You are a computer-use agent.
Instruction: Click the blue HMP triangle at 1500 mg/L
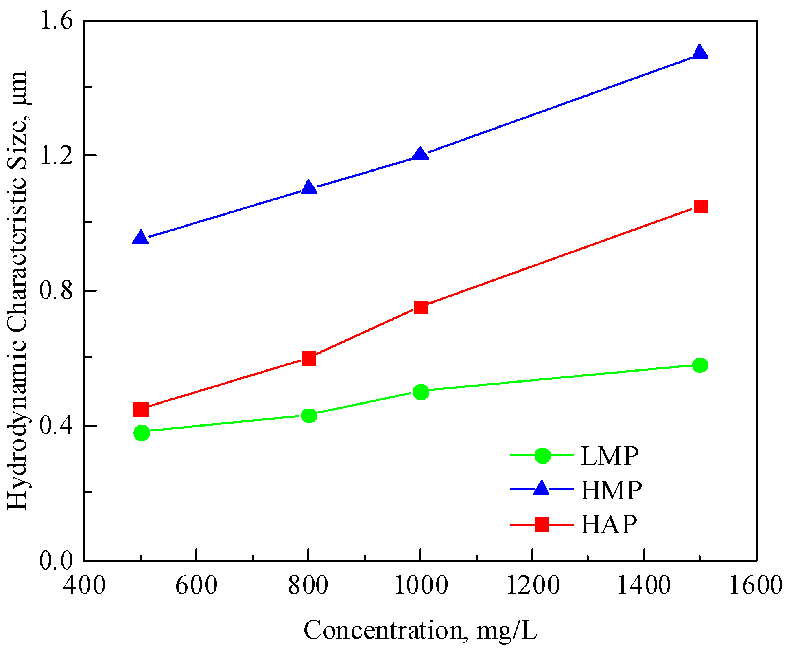(700, 53)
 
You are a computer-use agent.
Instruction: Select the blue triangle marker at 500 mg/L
(140, 238)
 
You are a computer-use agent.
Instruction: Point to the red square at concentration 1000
(421, 307)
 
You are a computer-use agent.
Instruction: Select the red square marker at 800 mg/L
(309, 358)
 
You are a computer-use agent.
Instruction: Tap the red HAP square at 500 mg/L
(141, 409)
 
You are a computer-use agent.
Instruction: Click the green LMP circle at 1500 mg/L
(700, 365)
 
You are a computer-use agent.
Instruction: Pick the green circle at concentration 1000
(421, 392)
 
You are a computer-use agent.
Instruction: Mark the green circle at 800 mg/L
(309, 416)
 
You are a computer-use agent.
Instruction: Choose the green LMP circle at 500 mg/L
(142, 433)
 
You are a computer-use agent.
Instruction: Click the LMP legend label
(610, 456)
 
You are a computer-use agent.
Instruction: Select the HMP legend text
(611, 490)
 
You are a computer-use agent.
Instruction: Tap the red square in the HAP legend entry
(542, 525)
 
